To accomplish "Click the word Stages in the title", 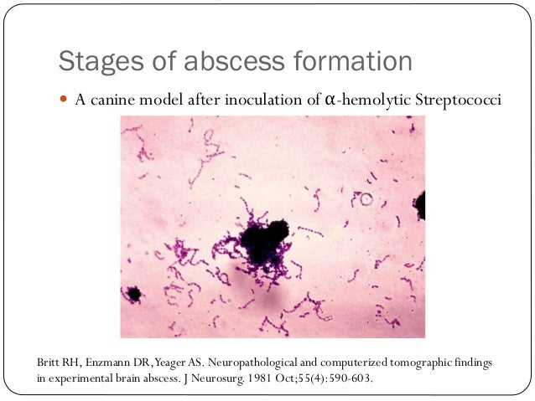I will [92, 62].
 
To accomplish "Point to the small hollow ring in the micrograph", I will [366, 199].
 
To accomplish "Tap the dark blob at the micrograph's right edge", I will [419, 204].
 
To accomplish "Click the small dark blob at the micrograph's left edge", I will [132, 294].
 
